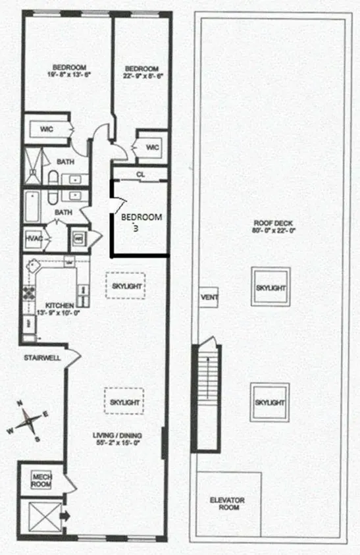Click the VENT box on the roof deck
pos(209,298)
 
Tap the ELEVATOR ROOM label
pos(228,504)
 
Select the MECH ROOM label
pos(41,479)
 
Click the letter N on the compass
pos(20,404)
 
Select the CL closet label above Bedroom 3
pos(140,174)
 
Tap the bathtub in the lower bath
pos(33,206)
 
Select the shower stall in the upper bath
pos(32,167)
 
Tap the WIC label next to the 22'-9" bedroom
pos(152,147)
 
